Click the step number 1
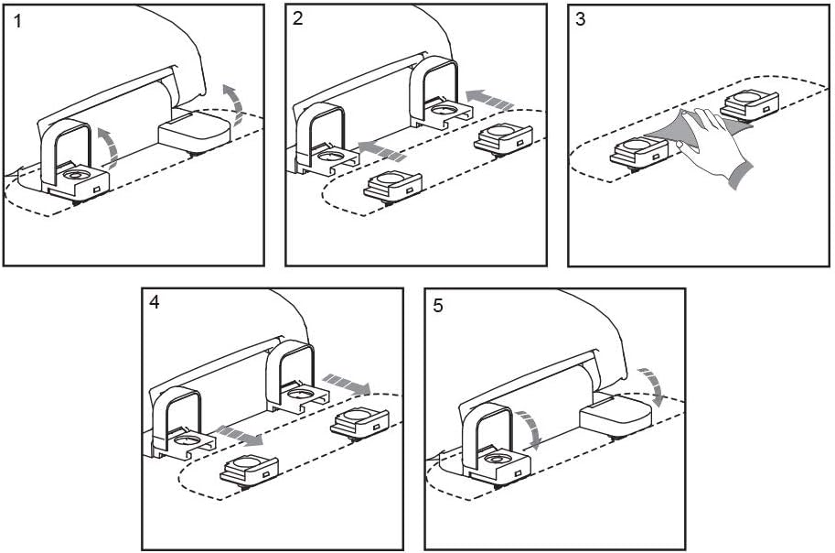pos(17,22)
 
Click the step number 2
pos(297,18)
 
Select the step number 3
pos(581,19)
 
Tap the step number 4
pos(154,303)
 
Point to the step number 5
pos(438,306)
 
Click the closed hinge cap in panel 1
pos(195,130)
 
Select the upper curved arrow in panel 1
pos(233,104)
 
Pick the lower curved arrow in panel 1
pos(110,146)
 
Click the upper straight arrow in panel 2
pos(489,99)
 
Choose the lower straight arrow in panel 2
pos(382,150)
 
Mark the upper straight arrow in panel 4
pos(347,384)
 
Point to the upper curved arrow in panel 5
pos(652,385)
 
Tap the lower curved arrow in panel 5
pos(530,429)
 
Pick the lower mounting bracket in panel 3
pos(639,151)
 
